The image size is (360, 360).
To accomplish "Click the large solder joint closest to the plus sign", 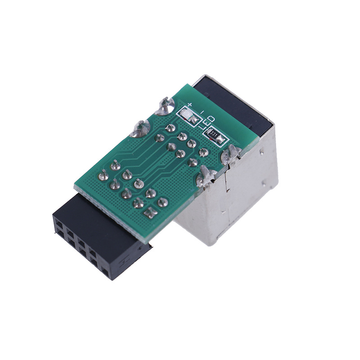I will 165,106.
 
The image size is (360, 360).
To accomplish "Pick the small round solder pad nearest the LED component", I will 170,128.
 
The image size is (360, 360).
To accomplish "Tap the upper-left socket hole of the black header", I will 58,223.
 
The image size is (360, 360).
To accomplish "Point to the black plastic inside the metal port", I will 234,99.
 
